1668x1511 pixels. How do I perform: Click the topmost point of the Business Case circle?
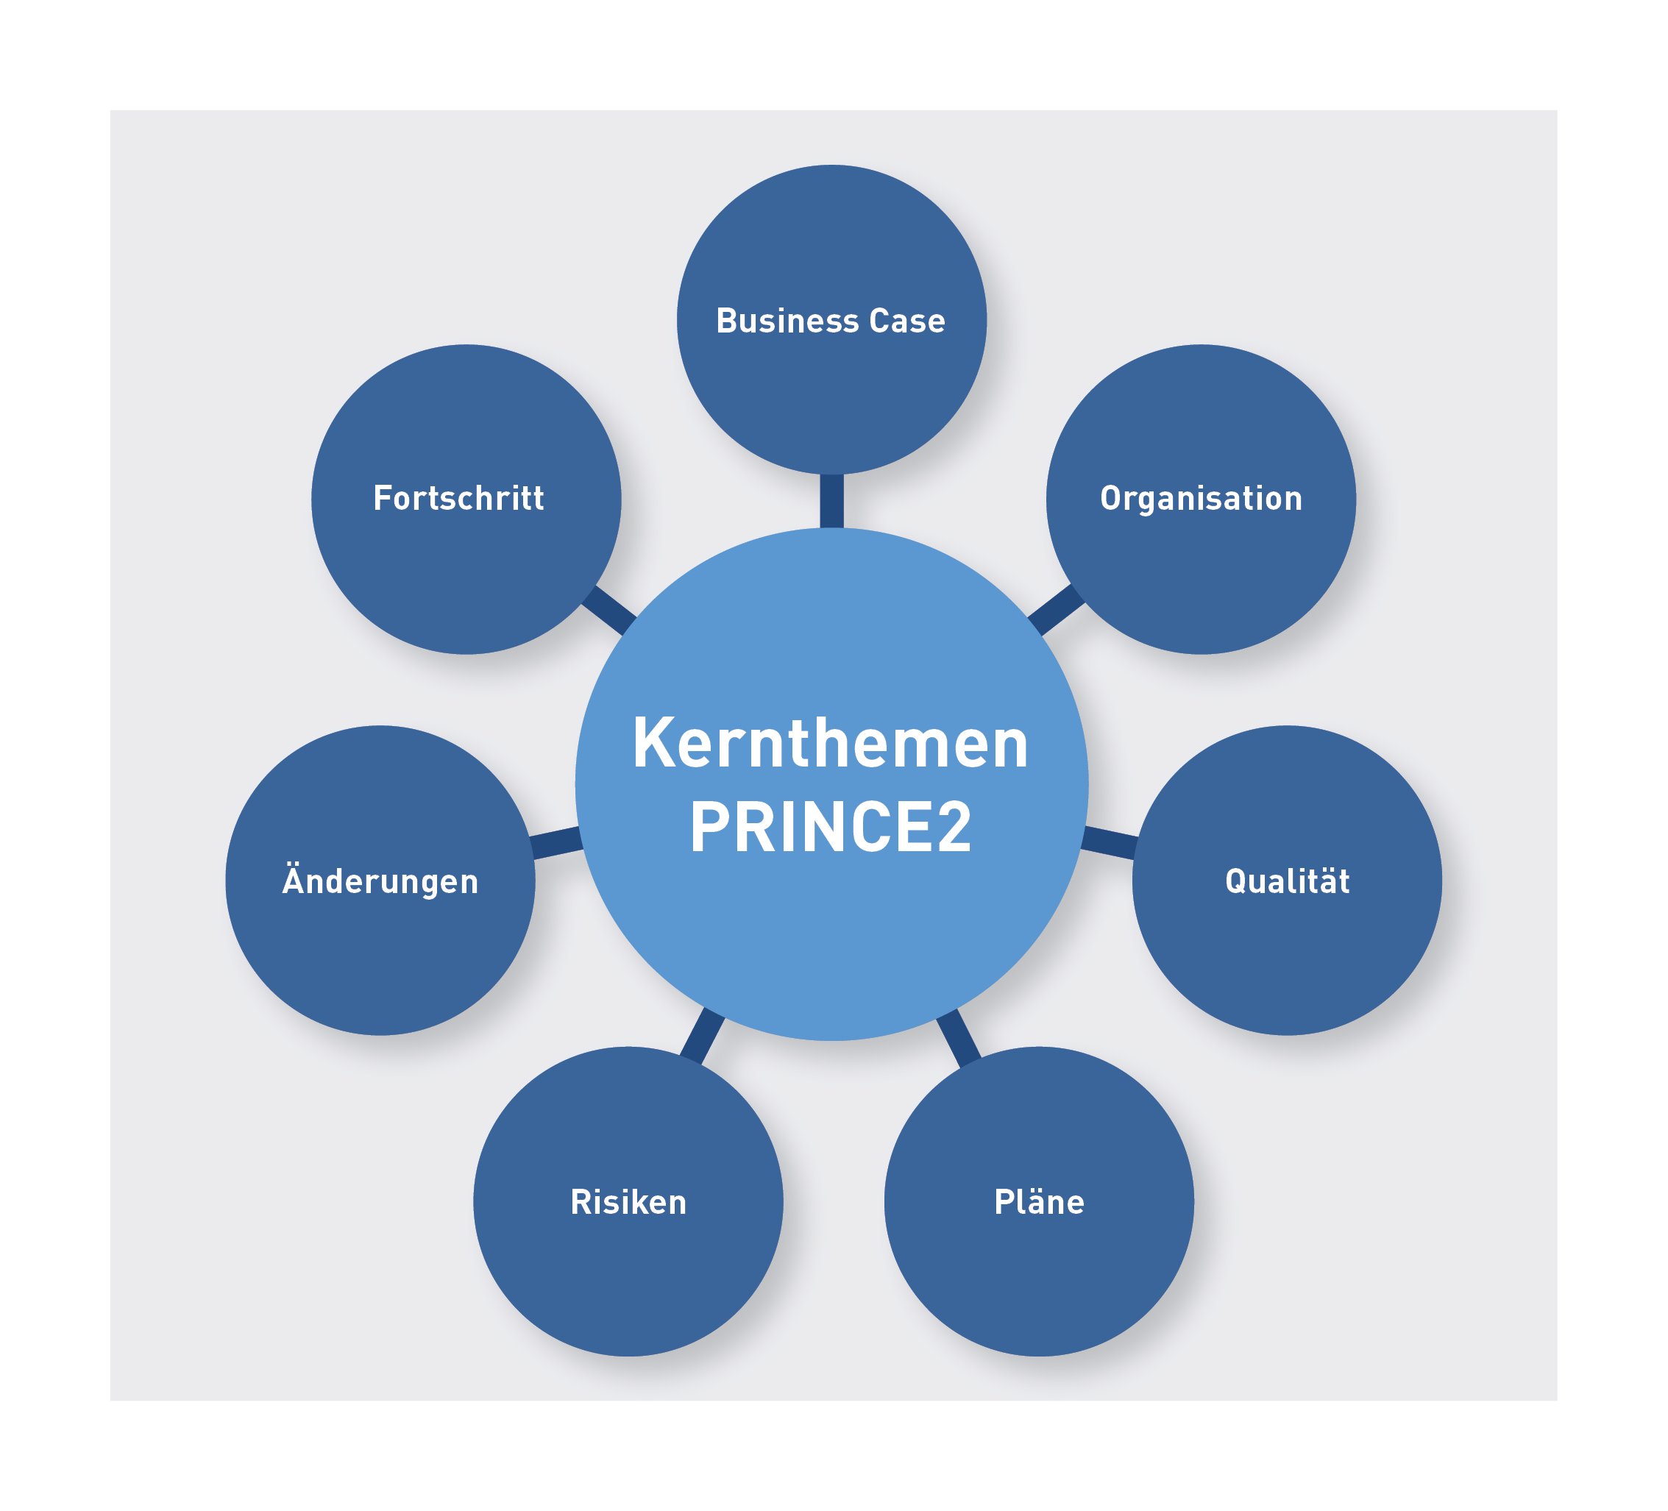(x=831, y=165)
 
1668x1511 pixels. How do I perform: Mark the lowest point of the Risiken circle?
(x=628, y=1357)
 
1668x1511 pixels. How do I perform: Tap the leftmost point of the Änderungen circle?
(x=225, y=880)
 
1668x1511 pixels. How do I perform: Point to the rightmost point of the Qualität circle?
(x=1442, y=880)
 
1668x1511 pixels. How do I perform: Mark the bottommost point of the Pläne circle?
(x=1038, y=1357)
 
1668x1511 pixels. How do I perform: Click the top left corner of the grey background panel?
(x=111, y=111)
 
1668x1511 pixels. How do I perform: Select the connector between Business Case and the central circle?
(x=831, y=501)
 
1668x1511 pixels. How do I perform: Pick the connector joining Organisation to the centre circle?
(x=1057, y=611)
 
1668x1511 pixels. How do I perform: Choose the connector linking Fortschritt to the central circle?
(x=609, y=611)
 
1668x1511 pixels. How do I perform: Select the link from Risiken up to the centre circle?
(x=703, y=1037)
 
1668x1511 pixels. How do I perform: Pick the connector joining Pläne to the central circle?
(x=959, y=1038)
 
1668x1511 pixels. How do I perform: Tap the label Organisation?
(x=1201, y=499)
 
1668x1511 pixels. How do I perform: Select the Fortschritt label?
(x=458, y=498)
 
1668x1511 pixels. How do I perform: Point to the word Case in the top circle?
(x=906, y=321)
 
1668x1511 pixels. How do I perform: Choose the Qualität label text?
(x=1287, y=880)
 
